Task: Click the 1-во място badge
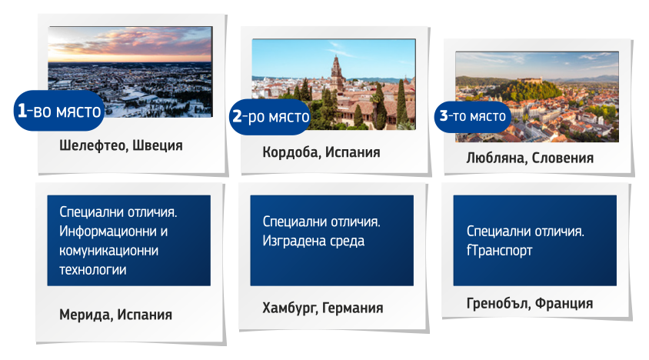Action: pyautogui.click(x=59, y=111)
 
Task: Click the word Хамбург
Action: pyautogui.click(x=289, y=308)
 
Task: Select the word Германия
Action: pyautogui.click(x=353, y=308)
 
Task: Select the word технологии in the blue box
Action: pyautogui.click(x=93, y=269)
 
